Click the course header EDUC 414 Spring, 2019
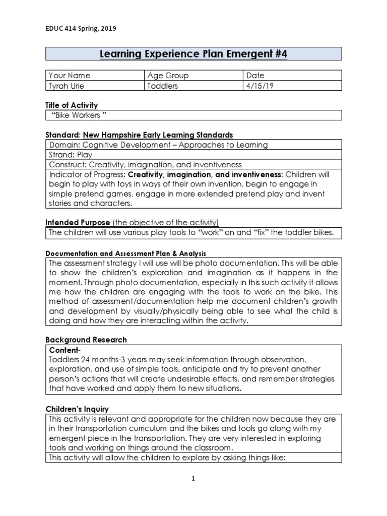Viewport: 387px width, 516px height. tap(81, 29)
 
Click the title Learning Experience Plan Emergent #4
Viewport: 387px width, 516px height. tap(193, 54)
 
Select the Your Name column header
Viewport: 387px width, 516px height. tap(70, 76)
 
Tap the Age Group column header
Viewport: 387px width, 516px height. tap(168, 76)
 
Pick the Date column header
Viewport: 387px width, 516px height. tap(255, 76)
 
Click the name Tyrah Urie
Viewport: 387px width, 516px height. tap(67, 86)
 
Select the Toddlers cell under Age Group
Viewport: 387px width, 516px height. tap(163, 86)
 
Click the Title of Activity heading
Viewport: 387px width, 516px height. tap(72, 105)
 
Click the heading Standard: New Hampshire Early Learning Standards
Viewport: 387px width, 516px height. tap(139, 135)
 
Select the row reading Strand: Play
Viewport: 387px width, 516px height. tap(68, 155)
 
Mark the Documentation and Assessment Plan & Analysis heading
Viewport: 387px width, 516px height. tap(125, 253)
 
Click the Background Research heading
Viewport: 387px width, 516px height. tap(86, 340)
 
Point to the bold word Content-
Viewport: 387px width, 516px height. tap(63, 350)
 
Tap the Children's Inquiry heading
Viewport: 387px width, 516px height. tap(77, 409)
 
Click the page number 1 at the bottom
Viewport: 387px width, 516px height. tap(193, 479)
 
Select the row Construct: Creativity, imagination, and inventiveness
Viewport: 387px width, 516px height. tap(145, 164)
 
